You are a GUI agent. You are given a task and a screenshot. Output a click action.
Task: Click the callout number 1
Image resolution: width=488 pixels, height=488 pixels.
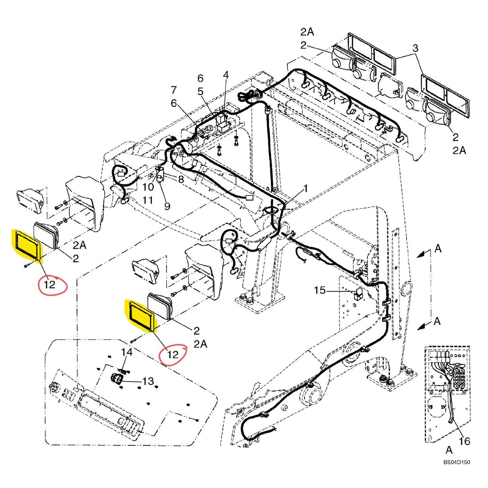(x=305, y=188)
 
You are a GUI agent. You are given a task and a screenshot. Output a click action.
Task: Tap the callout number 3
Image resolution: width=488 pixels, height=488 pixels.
(x=415, y=48)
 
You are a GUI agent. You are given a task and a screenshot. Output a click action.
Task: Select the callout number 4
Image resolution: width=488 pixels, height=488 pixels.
(x=226, y=75)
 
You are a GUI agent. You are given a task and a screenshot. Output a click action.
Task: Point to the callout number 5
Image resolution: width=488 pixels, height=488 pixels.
(x=200, y=91)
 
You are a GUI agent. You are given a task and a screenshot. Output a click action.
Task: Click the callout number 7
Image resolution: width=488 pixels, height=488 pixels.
(x=174, y=90)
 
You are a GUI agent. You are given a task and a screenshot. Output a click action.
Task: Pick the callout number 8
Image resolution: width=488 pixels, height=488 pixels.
(x=181, y=179)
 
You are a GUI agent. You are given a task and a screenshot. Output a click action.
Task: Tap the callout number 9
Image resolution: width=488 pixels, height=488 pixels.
(x=167, y=206)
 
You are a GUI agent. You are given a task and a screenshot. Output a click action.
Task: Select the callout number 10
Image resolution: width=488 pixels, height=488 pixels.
(x=148, y=187)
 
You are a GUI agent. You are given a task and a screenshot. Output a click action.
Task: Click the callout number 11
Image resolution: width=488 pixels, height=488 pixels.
(x=148, y=200)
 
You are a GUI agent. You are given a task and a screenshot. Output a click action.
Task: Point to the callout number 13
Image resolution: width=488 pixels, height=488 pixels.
(x=148, y=381)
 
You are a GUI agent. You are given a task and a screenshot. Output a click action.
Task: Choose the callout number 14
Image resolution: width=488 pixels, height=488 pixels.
(x=127, y=352)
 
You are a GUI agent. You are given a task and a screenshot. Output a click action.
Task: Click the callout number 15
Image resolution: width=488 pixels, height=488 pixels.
(x=320, y=290)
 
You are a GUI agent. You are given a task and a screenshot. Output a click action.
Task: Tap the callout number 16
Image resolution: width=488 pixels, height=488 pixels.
(x=465, y=441)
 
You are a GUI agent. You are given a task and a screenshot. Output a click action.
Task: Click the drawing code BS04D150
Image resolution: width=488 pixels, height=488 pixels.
(x=457, y=462)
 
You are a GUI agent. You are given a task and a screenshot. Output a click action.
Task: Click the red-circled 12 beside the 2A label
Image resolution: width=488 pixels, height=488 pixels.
(x=173, y=354)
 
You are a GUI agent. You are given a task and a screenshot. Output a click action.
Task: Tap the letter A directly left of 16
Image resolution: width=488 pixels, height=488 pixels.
(x=449, y=450)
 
